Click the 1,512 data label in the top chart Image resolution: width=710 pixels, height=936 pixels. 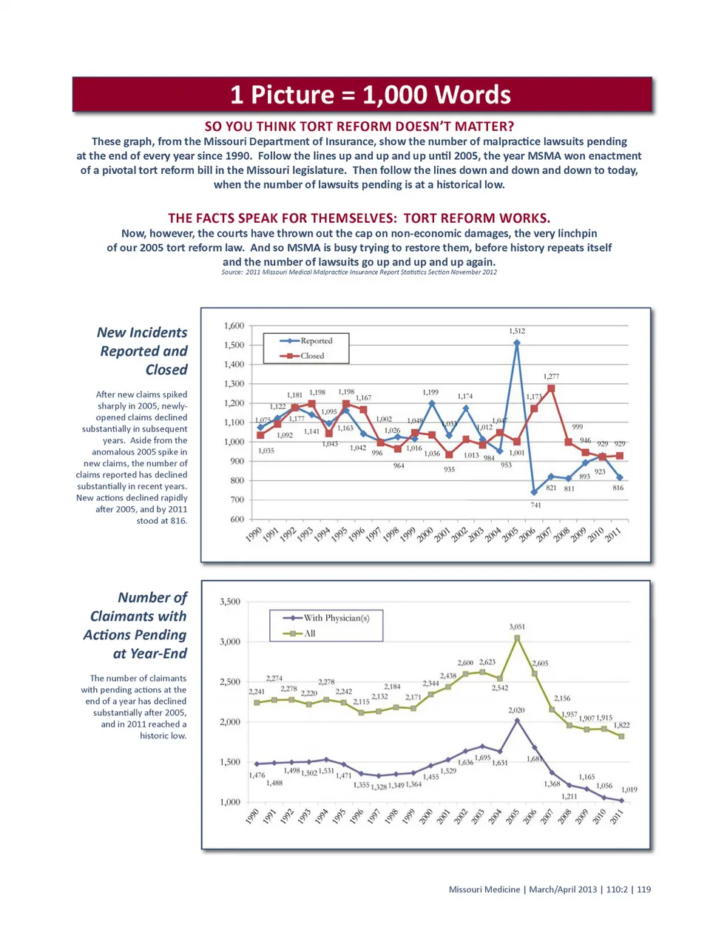[x=517, y=331]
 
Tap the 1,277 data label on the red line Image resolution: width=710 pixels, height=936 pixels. [x=551, y=377]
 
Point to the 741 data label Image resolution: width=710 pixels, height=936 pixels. [x=535, y=505]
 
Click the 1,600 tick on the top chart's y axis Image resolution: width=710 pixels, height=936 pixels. [x=234, y=326]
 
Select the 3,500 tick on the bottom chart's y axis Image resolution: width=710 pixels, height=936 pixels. [x=230, y=602]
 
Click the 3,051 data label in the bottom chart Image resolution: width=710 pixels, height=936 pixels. [x=517, y=627]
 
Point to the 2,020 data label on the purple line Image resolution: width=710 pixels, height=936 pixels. [x=516, y=710]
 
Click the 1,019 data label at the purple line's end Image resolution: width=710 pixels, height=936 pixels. [x=629, y=789]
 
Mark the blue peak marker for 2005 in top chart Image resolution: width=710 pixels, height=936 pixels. [x=517, y=343]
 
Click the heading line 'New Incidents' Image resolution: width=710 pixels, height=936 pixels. [x=142, y=333]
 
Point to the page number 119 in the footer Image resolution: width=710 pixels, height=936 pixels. [x=643, y=889]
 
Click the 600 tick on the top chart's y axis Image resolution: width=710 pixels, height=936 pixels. [x=237, y=519]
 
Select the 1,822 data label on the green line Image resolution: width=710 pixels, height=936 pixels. [x=621, y=726]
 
